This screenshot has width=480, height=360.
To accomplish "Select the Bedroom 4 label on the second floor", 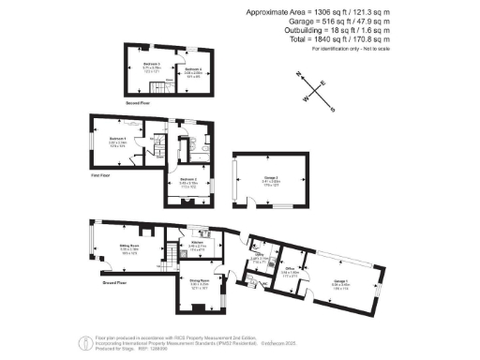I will coord(193,69).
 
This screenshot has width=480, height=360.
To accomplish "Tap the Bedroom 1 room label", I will coord(118,138).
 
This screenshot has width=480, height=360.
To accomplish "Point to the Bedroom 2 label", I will coord(187,178).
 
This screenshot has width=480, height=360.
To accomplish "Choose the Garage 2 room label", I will coord(270,177).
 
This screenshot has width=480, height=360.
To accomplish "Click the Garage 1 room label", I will coord(339,280).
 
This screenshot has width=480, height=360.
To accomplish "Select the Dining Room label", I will coord(198,279).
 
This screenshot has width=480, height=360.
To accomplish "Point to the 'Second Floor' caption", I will coord(138,103).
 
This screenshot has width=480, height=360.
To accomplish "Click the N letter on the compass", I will coord(298,73).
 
